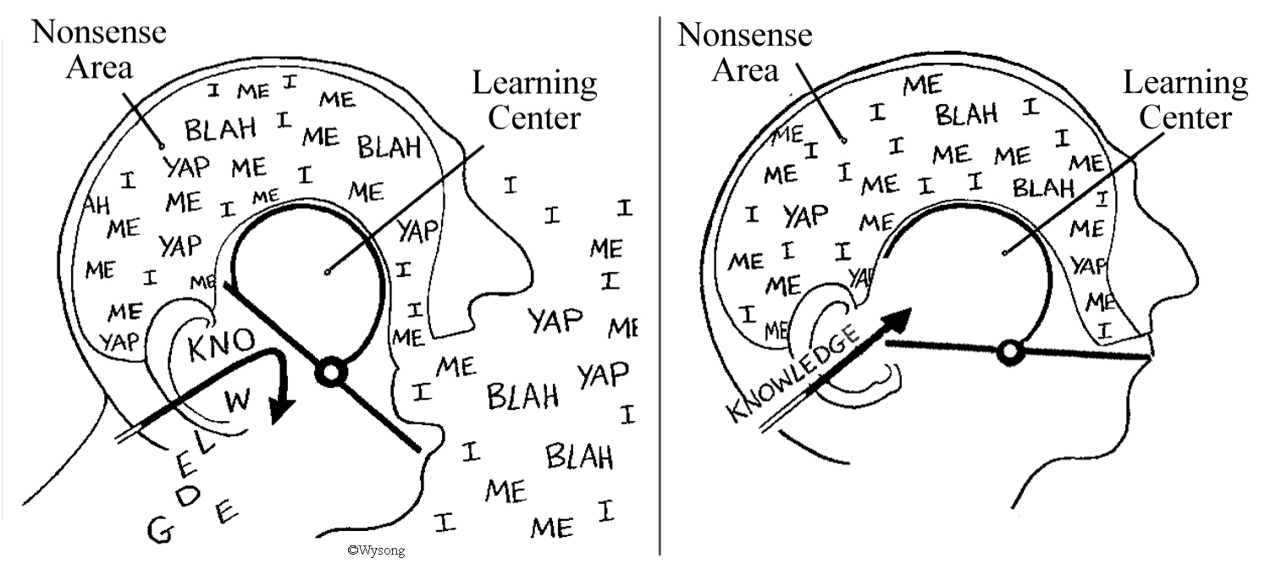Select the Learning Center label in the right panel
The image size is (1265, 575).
[x=1185, y=100]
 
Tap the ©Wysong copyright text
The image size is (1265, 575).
[x=376, y=550]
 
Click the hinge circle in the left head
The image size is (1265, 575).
[x=329, y=371]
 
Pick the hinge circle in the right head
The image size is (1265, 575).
[x=1008, y=351]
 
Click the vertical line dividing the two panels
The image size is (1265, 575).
[x=660, y=279]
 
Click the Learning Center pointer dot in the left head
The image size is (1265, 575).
[x=327, y=272]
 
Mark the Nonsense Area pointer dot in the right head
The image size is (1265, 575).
[x=844, y=140]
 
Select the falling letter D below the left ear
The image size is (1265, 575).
[x=191, y=495]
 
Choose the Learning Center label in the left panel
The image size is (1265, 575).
[x=534, y=100]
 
